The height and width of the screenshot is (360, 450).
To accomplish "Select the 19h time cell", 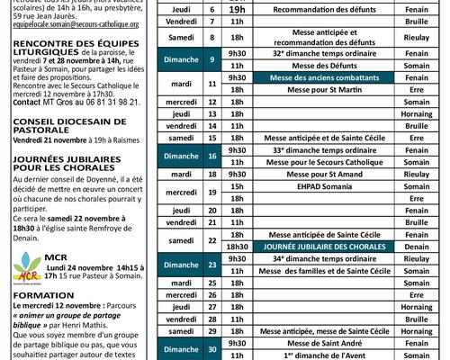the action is click(x=238, y=8).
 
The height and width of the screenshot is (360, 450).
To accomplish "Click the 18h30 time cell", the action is click(x=238, y=246).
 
